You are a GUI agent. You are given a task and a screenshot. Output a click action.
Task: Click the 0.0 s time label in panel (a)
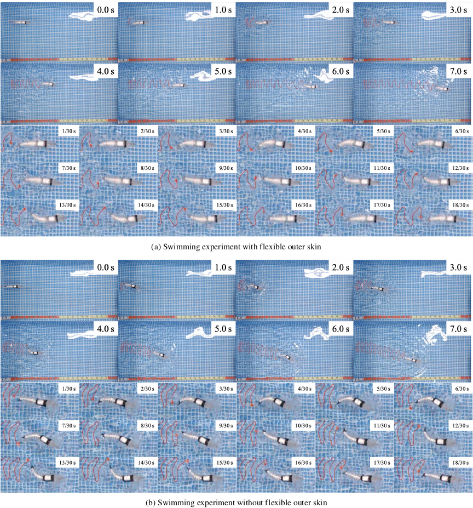pos(105,9)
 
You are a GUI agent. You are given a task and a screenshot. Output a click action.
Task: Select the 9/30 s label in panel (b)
pos(226,426)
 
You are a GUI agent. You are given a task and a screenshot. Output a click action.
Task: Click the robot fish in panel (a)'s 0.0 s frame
pos(19,23)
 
